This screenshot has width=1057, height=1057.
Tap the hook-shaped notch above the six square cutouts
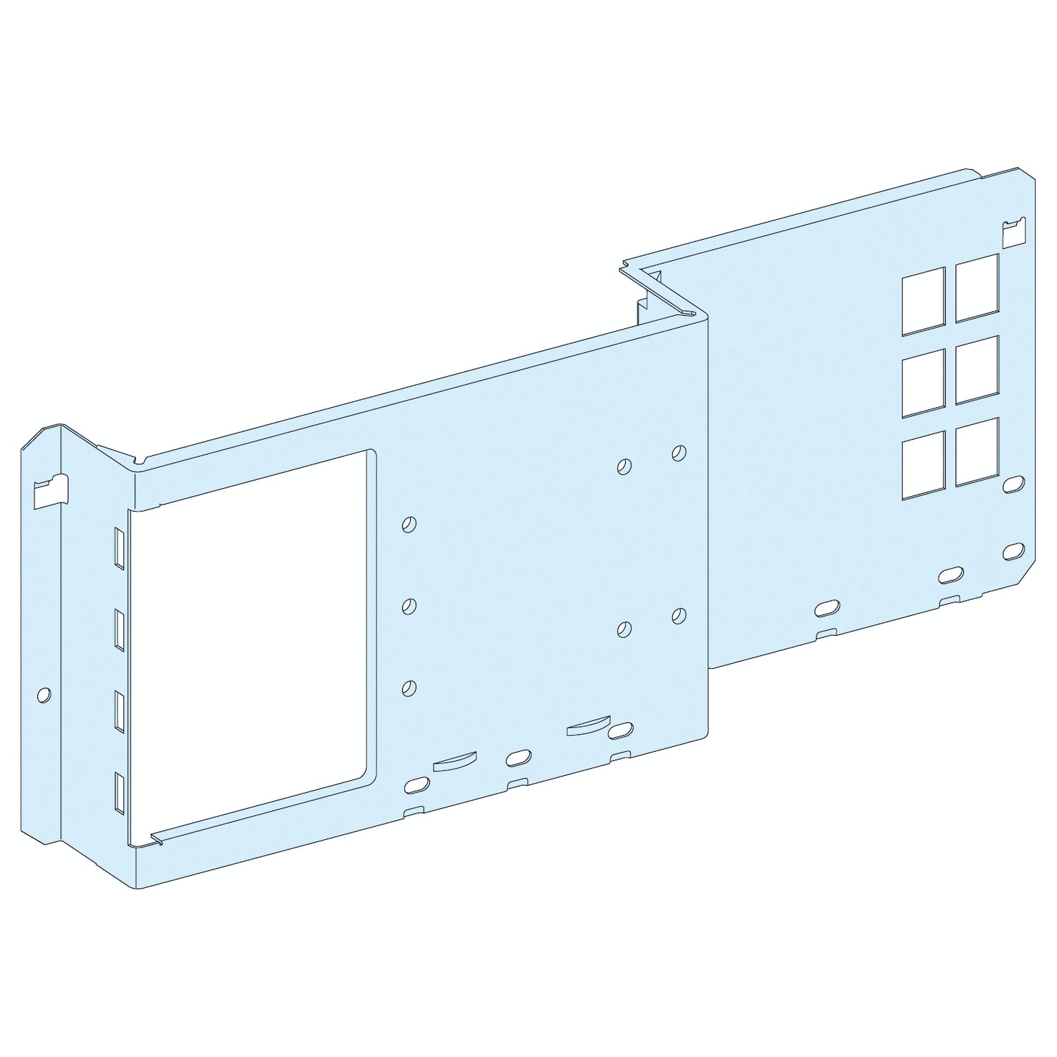[1013, 233]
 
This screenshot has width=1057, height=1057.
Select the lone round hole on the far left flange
[44, 695]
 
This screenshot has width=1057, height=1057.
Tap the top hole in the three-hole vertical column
[409, 524]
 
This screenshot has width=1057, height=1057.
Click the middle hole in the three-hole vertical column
[409, 606]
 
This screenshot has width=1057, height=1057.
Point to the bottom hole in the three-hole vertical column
[409, 688]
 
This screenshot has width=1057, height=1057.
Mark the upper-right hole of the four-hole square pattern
[678, 452]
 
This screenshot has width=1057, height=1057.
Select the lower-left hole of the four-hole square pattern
[624, 629]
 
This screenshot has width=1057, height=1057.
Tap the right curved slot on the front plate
[586, 727]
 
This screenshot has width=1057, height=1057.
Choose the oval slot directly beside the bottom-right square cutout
[1013, 483]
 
